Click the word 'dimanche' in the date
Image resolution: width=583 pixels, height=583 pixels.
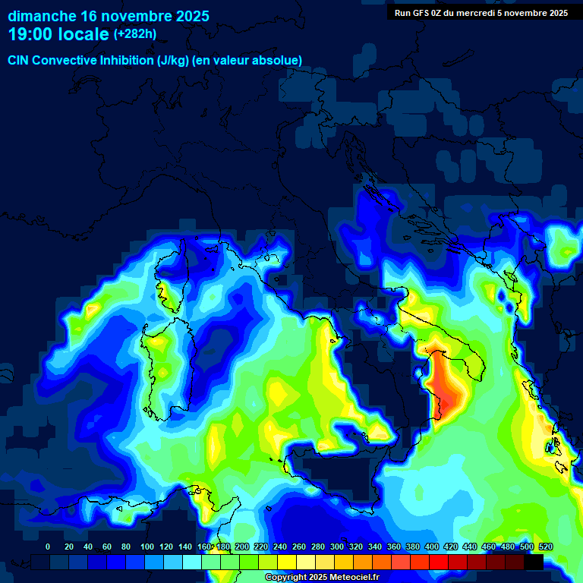42,16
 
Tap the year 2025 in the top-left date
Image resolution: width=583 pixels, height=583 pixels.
189,16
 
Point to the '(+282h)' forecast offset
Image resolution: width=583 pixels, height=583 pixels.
135,34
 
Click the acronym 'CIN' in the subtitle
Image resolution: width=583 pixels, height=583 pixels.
19,61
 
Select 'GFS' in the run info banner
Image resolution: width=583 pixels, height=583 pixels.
424,12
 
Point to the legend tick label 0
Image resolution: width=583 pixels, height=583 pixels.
49,547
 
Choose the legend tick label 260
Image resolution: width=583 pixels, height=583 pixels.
299,547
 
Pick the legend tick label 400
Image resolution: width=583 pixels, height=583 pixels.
432,547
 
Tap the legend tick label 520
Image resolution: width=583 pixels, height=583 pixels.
545,547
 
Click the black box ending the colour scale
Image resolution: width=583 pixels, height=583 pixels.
534,562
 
